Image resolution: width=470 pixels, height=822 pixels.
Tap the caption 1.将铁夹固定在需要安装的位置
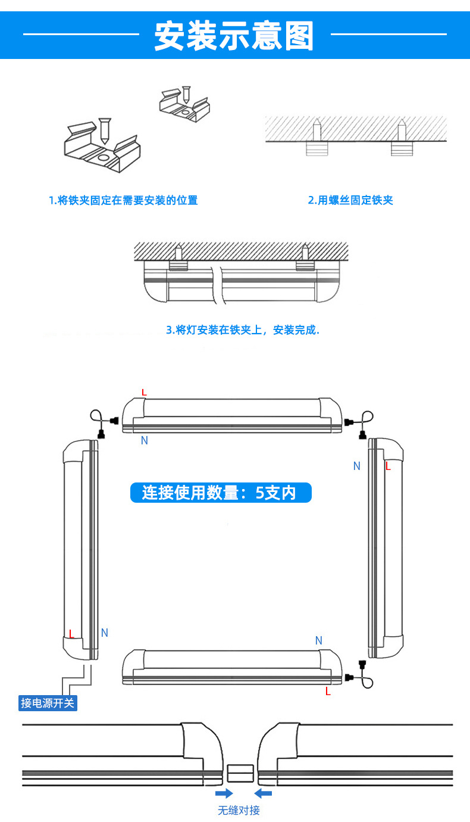[x=123, y=200]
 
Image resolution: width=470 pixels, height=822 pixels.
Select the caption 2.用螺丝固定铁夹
[x=350, y=200]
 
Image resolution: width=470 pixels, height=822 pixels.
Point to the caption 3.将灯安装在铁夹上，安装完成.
[x=242, y=330]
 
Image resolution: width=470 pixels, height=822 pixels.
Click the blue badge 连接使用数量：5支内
[x=221, y=493]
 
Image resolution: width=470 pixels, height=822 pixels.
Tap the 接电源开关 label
[x=48, y=703]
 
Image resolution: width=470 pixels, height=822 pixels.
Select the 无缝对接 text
[x=239, y=810]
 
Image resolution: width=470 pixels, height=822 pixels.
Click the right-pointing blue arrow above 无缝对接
[x=224, y=793]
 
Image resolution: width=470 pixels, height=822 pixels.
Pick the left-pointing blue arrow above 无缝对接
[x=262, y=793]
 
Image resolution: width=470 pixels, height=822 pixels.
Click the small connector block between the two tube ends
[x=241, y=774]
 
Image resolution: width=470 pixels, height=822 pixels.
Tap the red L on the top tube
[x=144, y=392]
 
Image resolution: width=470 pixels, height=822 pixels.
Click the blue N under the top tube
[x=144, y=440]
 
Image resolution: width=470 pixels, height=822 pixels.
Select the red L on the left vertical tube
[x=71, y=634]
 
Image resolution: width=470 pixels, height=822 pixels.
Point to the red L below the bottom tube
[x=328, y=692]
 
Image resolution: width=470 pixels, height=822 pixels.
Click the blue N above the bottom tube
[x=318, y=640]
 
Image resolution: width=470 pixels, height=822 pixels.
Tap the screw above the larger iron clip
[x=105, y=129]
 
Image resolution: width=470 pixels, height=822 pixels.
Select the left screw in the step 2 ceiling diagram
[x=317, y=130]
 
